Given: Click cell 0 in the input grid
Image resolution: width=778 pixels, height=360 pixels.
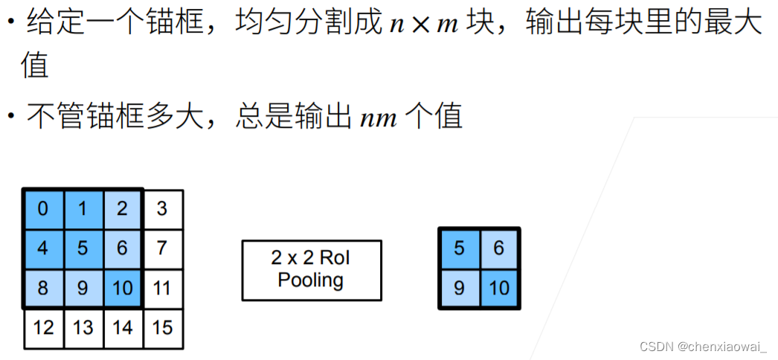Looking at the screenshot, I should point(43,208).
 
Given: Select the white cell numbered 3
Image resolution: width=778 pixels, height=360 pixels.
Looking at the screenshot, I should point(162,208).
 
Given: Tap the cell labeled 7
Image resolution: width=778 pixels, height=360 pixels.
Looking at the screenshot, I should point(162,247).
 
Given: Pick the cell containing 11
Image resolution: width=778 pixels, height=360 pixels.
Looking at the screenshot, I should point(162,287).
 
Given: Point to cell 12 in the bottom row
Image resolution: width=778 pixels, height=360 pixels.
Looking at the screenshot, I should point(43,327).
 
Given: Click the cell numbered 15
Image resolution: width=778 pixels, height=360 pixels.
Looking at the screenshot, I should point(162,327).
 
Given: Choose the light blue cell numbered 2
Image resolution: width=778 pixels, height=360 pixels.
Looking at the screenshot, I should point(123,208).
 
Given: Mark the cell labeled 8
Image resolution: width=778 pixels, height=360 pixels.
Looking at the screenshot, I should point(43,287).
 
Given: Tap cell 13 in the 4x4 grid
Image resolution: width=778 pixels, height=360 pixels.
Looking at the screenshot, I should point(83,327).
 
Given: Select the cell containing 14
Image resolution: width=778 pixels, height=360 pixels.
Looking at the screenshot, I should point(123,327).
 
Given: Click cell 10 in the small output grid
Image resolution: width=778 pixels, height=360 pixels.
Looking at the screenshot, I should point(499,287).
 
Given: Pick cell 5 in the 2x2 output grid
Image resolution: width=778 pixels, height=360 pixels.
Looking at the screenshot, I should point(459,248).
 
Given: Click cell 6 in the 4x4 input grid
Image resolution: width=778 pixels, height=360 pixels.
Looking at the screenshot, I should point(123,247).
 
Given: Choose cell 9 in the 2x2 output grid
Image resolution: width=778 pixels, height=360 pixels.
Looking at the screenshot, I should point(459,287).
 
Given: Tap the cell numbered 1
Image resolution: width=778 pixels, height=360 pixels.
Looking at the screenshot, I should point(83,208).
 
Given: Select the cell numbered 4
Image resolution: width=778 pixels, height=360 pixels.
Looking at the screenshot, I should point(43,247).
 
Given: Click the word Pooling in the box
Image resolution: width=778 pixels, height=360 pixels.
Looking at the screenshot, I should point(311,280).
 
